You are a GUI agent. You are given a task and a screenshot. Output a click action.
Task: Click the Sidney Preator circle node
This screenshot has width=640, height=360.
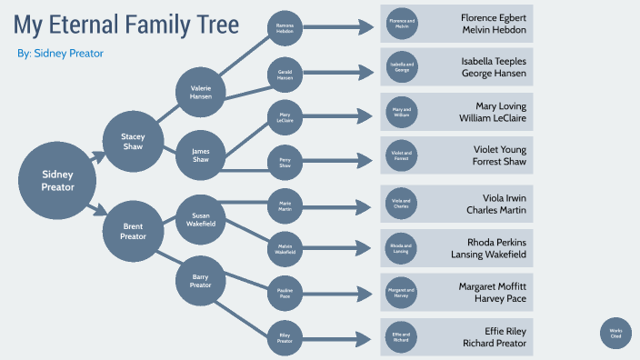pyautogui.click(x=56, y=180)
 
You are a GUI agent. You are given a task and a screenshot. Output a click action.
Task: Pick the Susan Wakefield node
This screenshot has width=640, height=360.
pyautogui.click(x=200, y=219)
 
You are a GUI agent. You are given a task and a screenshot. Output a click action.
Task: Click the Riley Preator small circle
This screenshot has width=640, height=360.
pyautogui.click(x=285, y=337)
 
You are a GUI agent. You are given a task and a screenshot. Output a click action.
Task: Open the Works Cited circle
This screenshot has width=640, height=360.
pyautogui.click(x=615, y=333)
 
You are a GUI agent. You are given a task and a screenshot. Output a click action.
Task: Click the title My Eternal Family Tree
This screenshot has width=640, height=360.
pyautogui.click(x=126, y=24)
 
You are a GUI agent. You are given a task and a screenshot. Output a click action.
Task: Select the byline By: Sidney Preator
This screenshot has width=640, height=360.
pyautogui.click(x=60, y=54)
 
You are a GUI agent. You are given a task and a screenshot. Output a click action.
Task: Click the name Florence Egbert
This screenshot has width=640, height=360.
pyautogui.click(x=493, y=17)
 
